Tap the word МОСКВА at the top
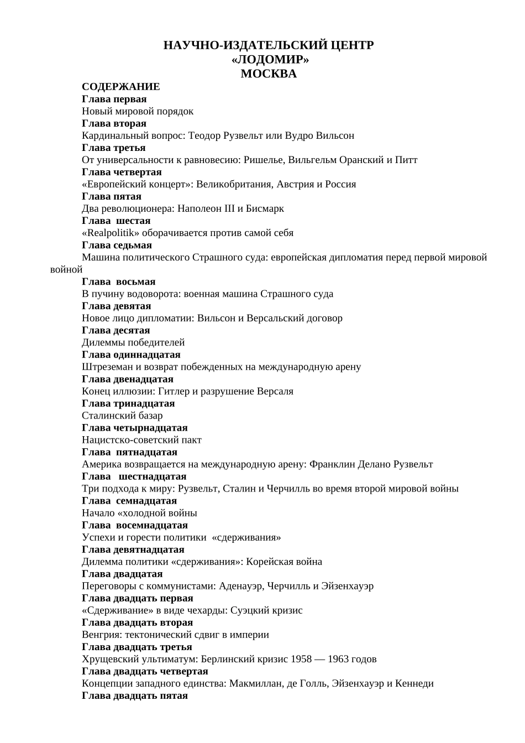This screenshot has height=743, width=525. [x=269, y=74]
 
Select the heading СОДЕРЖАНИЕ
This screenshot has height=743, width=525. [x=121, y=87]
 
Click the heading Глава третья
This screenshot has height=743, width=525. [x=114, y=148]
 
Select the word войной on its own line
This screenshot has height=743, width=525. [x=66, y=270]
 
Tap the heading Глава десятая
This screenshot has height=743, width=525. [x=116, y=330]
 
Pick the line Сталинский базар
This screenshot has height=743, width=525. [x=122, y=415]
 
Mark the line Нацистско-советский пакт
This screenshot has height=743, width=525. [x=141, y=439]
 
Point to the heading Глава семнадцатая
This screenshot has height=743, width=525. [x=129, y=500]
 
